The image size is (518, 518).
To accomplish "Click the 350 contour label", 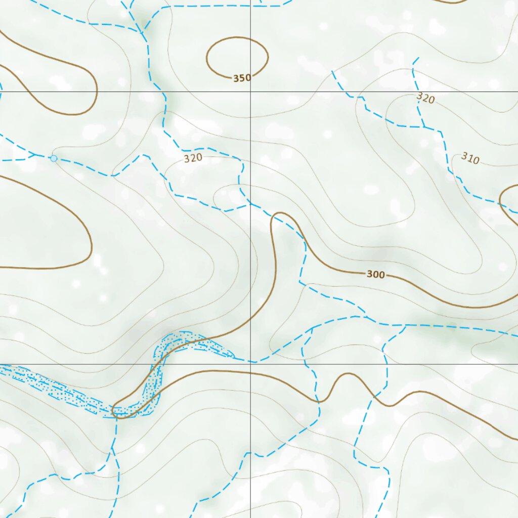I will (242, 78).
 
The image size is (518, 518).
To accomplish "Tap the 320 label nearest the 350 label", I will (193, 158).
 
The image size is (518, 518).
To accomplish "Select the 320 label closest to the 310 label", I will (425, 98).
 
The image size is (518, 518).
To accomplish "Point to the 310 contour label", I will (470, 159).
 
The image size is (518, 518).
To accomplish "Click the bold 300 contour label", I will (375, 275).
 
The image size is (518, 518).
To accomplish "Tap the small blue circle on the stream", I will (54, 158).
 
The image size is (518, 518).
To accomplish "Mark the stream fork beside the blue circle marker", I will (34, 154).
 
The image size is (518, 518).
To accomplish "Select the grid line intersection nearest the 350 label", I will (251, 92).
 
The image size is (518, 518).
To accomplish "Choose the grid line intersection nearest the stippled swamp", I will (251, 364).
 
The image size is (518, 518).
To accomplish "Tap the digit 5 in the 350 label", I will (242, 78).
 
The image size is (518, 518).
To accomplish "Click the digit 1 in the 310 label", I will (470, 159).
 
